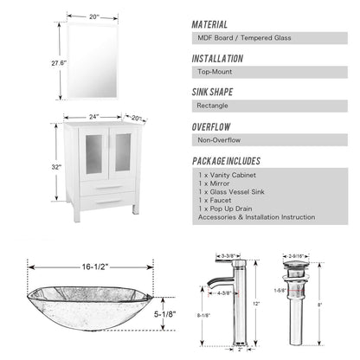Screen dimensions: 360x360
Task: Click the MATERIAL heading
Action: [x=209, y=25]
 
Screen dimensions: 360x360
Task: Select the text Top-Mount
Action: [x=216, y=72]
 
